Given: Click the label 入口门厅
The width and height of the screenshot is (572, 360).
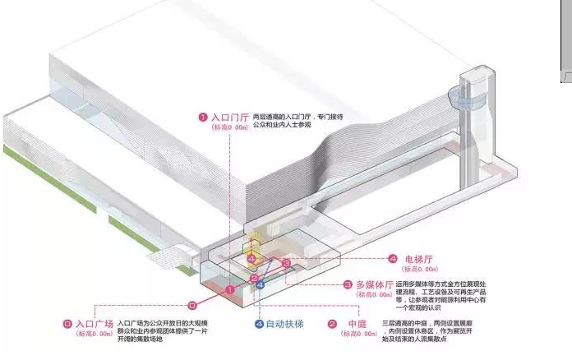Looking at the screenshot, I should coord(228,117).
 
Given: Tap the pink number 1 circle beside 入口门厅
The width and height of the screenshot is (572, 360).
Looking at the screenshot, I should coord(202,117).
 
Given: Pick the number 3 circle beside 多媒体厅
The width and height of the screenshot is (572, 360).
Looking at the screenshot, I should coord(348,284).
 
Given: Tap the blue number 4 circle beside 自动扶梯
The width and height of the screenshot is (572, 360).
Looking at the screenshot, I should coord(258,324).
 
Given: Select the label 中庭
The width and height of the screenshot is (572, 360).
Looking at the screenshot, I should coord(359,324).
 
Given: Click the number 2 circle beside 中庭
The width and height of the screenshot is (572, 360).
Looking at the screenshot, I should coord(332,324).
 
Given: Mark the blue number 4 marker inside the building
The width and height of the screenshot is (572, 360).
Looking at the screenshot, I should coord(261,284).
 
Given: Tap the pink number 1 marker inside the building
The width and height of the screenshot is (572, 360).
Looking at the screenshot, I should coord(231,289).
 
